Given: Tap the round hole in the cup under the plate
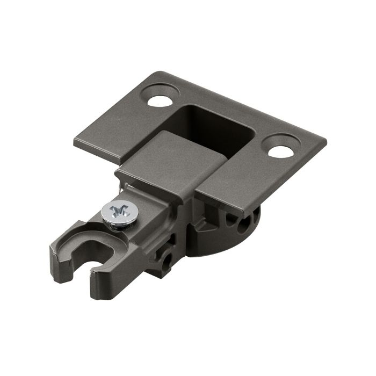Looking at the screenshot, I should click(x=245, y=221).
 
